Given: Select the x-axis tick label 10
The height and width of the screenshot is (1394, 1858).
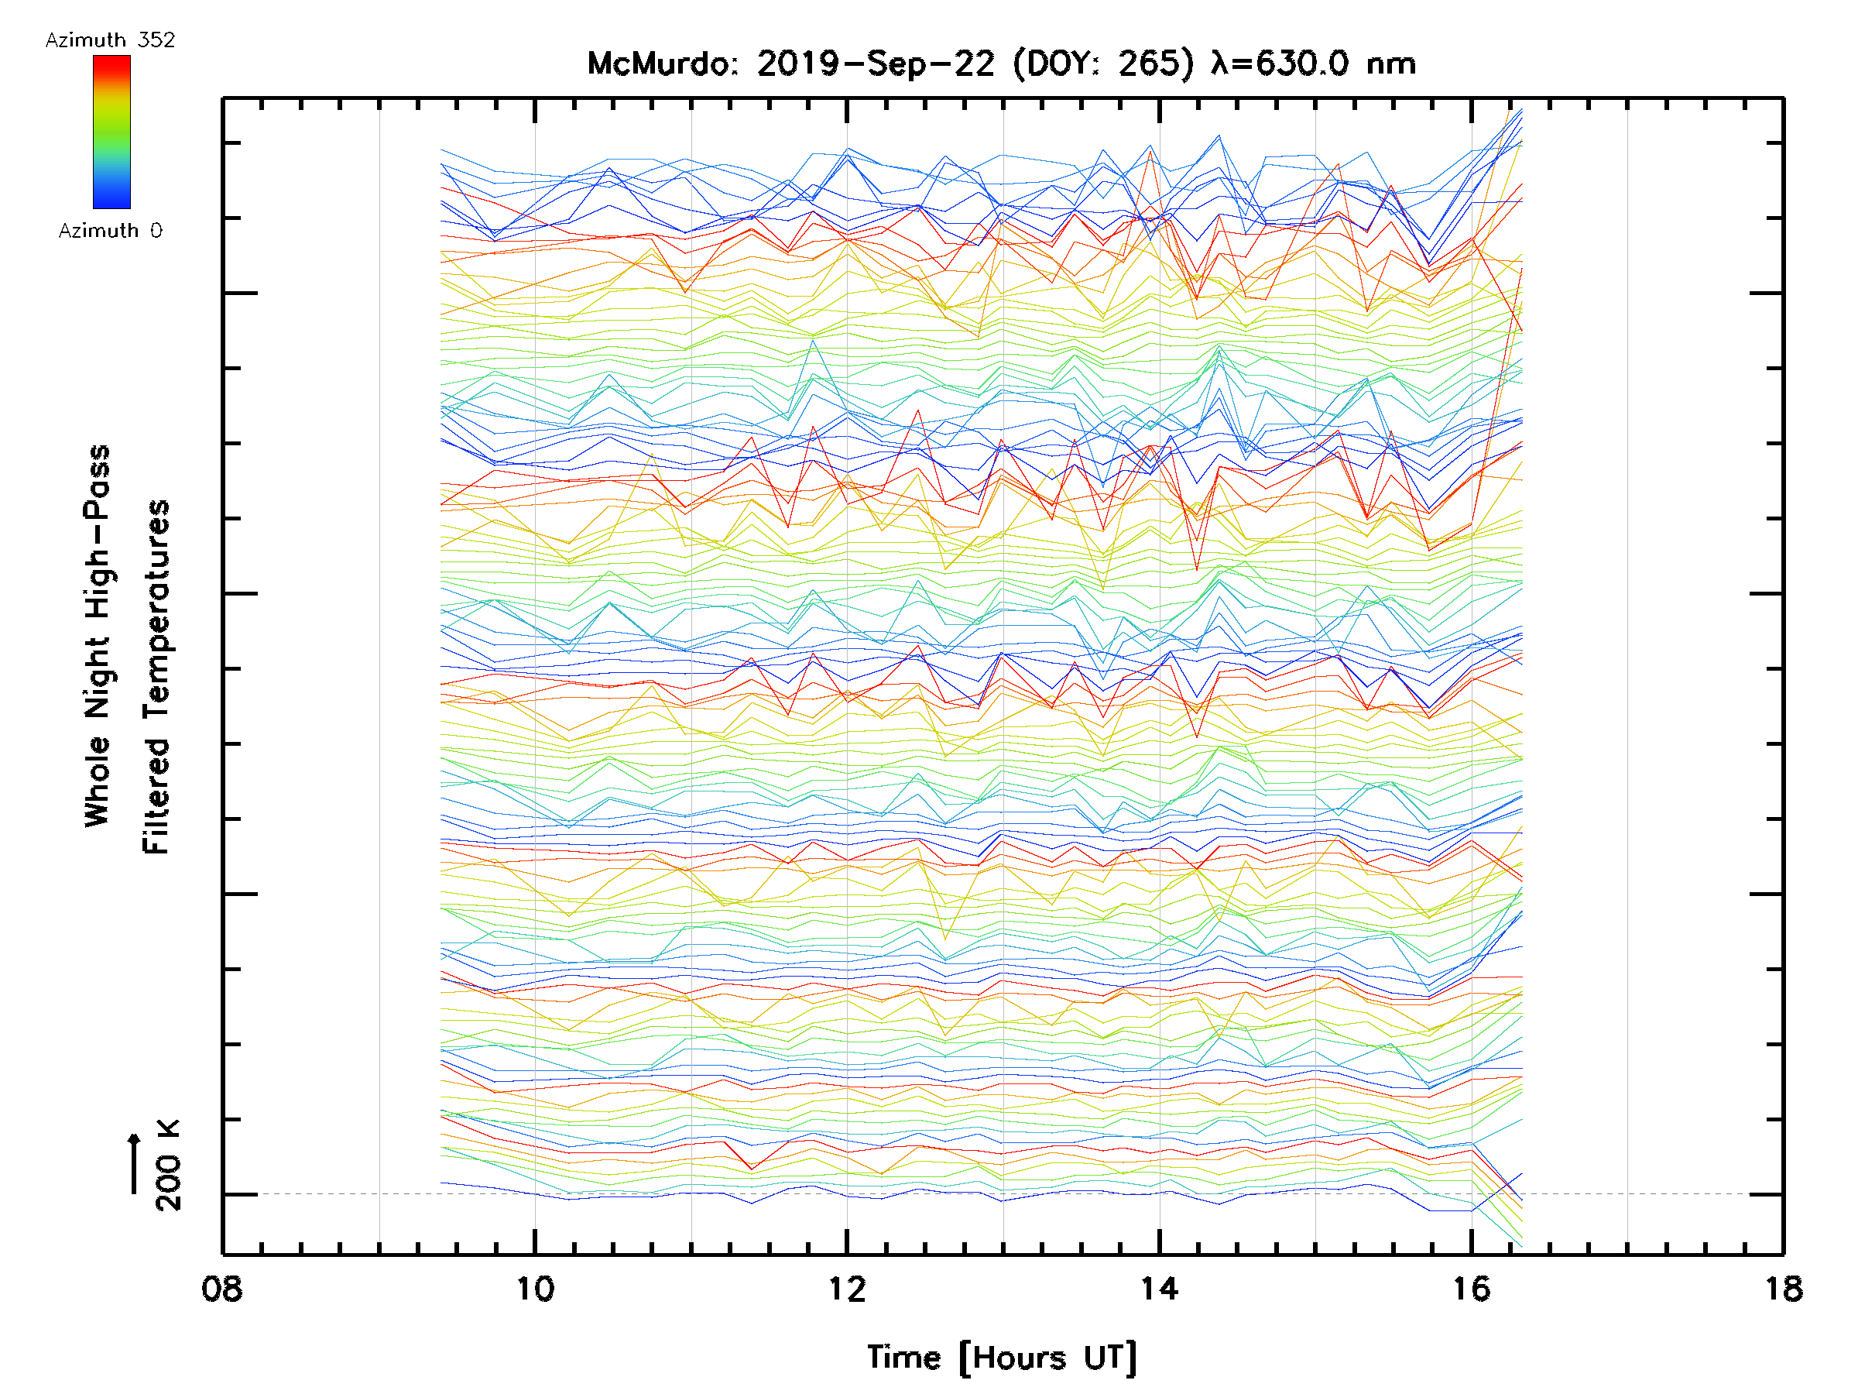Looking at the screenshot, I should (534, 1288).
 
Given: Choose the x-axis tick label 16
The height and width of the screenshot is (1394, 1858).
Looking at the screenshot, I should (1471, 1288).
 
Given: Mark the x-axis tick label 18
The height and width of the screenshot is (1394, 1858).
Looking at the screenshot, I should (1782, 1288).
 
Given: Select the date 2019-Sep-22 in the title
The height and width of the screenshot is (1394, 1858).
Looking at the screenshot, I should (876, 64).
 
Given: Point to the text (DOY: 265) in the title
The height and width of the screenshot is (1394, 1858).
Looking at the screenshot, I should (1103, 64).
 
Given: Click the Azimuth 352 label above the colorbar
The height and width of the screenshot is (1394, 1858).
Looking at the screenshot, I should (110, 40).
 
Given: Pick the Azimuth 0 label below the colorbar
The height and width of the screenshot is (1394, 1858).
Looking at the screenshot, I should (110, 230).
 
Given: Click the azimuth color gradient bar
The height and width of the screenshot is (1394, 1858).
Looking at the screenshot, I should (111, 132).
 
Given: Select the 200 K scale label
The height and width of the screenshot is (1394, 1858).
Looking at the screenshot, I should (168, 1166).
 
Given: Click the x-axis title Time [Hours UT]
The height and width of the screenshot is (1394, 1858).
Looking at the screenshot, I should (1001, 1358).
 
